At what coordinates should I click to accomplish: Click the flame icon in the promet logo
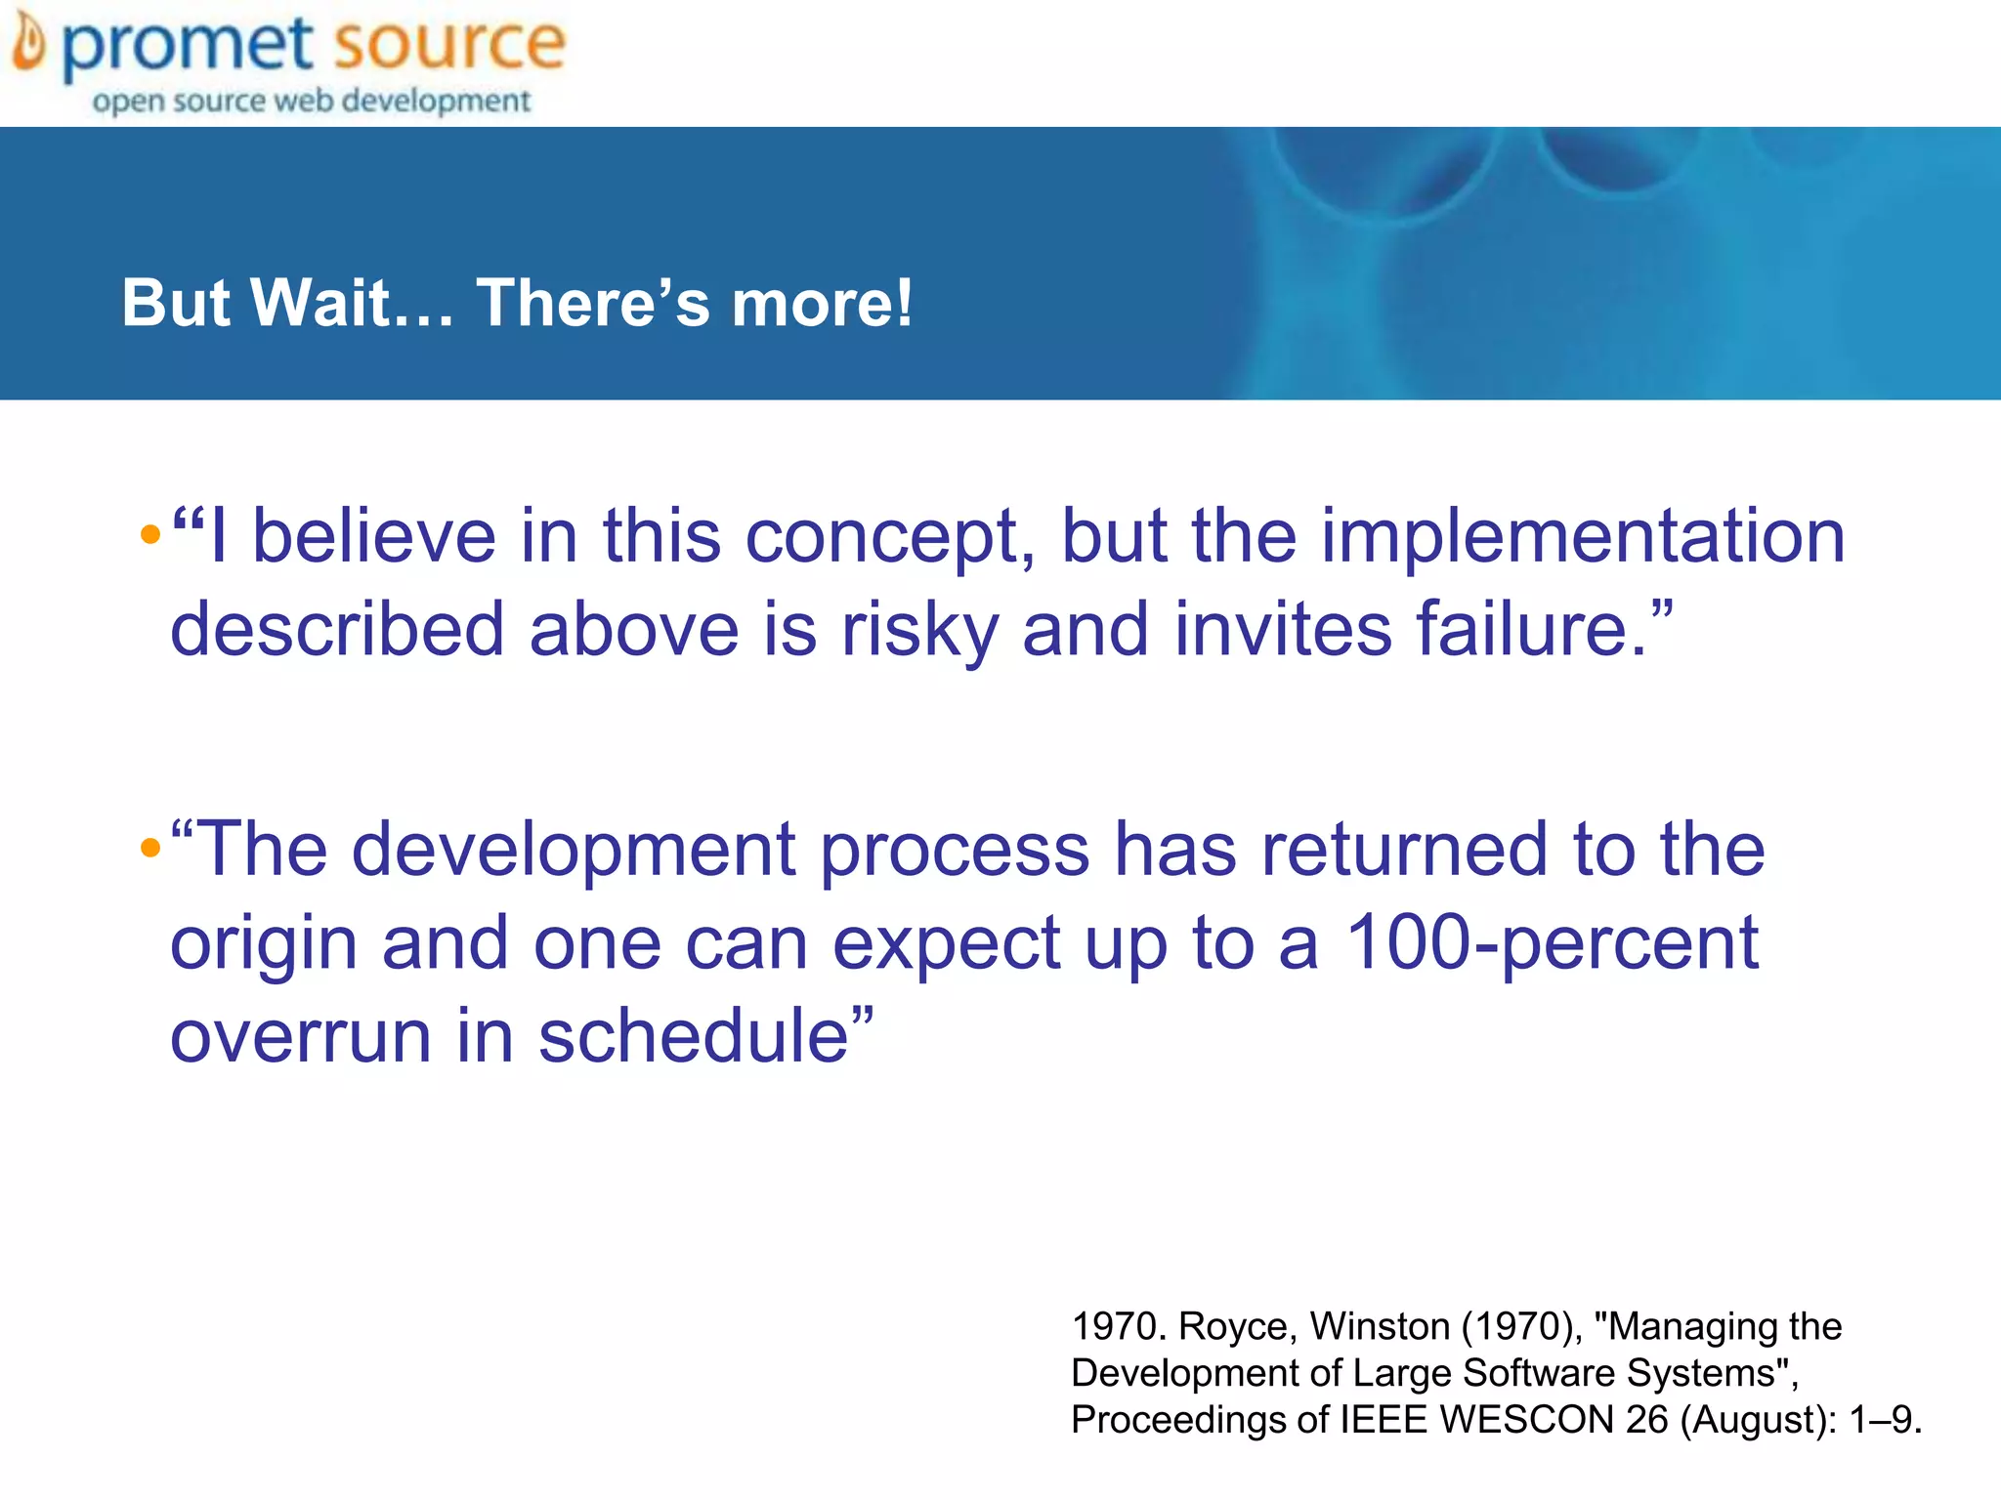(29, 45)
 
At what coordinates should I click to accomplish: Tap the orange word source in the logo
(448, 44)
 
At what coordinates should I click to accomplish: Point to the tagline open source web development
(311, 101)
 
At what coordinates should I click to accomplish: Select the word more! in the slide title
(822, 303)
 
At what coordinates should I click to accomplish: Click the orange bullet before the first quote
(149, 534)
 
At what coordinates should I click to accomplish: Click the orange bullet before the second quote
(149, 847)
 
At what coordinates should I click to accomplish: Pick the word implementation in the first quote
(1583, 537)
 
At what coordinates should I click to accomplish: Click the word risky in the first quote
(919, 630)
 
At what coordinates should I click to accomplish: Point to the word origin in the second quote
(264, 945)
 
